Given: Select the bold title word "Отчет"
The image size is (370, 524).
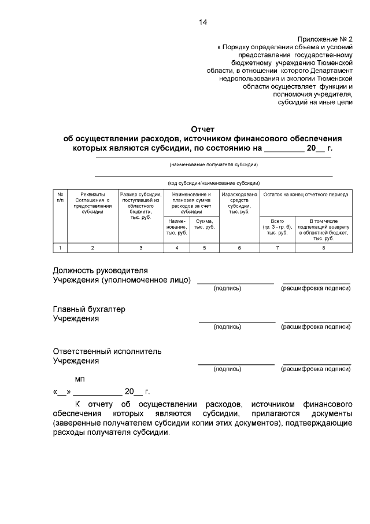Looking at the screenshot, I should point(203,130).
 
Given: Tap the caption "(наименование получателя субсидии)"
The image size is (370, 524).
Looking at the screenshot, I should point(213,164).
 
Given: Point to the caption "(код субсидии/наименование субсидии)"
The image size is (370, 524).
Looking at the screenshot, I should point(213,182).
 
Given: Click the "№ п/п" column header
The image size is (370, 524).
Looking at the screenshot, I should point(60,197).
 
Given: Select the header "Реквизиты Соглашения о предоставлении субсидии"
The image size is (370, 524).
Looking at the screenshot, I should point(92,203).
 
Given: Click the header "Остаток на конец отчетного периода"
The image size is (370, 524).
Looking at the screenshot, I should point(305,195).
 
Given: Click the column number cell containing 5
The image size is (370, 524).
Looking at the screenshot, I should point(203,248).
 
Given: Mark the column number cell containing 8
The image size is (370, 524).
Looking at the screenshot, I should point(323,248).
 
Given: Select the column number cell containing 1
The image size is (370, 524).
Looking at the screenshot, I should point(60,248).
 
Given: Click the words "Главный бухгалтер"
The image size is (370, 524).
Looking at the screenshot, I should point(89,309).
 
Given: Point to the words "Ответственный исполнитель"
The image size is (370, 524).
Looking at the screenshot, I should point(107,351).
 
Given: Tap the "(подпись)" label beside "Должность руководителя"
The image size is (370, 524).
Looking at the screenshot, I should point(227,288).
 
